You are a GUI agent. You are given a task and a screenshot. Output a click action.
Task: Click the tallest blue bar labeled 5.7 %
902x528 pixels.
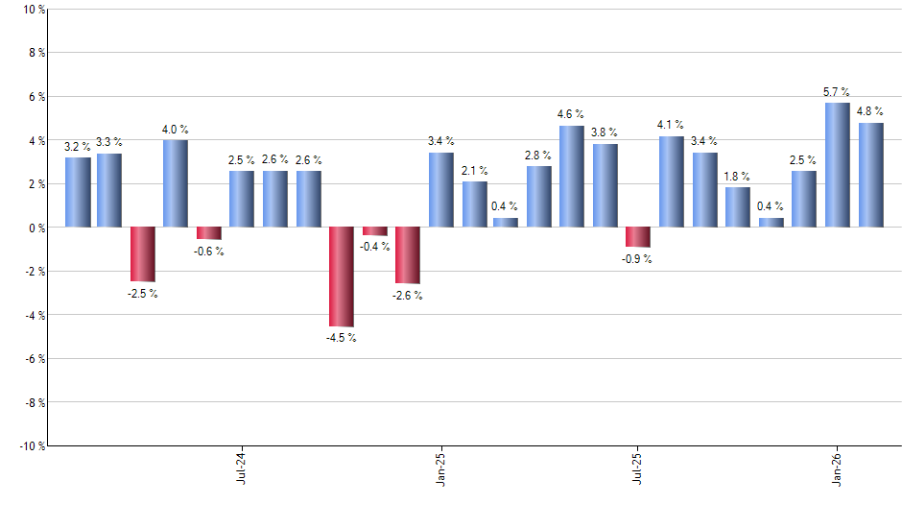838,165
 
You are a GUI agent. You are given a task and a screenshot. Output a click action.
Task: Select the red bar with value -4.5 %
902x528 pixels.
342,276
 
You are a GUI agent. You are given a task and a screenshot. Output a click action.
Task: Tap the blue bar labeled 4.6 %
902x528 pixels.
572,177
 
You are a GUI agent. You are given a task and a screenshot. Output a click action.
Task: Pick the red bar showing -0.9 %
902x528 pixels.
638,237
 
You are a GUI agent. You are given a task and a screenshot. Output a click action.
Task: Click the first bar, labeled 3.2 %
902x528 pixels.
78,192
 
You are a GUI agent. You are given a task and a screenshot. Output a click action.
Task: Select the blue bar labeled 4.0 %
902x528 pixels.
176,183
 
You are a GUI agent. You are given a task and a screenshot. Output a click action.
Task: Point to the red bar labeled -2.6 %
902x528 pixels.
408,255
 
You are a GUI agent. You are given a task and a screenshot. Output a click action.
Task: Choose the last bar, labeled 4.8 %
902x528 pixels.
871,175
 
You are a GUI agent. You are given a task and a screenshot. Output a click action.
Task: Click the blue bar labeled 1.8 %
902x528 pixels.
738,207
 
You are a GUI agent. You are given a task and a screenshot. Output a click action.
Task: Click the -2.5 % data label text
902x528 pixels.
142,294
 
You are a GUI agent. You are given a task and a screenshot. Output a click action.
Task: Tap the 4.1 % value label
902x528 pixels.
671,125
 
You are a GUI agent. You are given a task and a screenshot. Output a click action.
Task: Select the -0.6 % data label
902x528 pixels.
208,252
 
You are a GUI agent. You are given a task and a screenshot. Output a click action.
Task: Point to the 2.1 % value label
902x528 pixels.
474,170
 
